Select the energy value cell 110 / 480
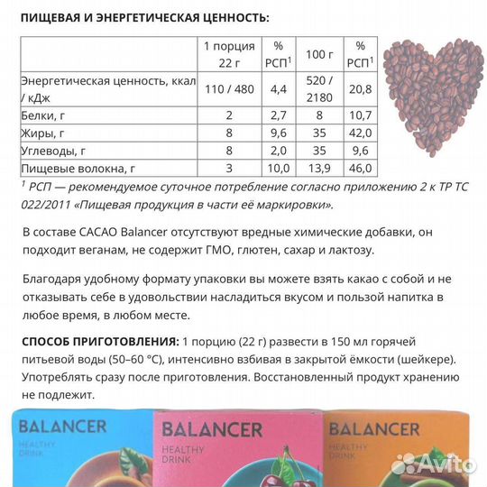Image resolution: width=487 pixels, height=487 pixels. point(229,88)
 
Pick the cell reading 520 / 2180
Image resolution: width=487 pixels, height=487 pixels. point(320,88)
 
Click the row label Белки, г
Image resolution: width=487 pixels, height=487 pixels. point(41,115)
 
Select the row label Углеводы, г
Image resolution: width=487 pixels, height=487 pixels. point(53,151)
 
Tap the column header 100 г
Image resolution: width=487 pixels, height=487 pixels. point(320,53)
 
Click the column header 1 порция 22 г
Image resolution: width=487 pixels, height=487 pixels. point(229,53)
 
